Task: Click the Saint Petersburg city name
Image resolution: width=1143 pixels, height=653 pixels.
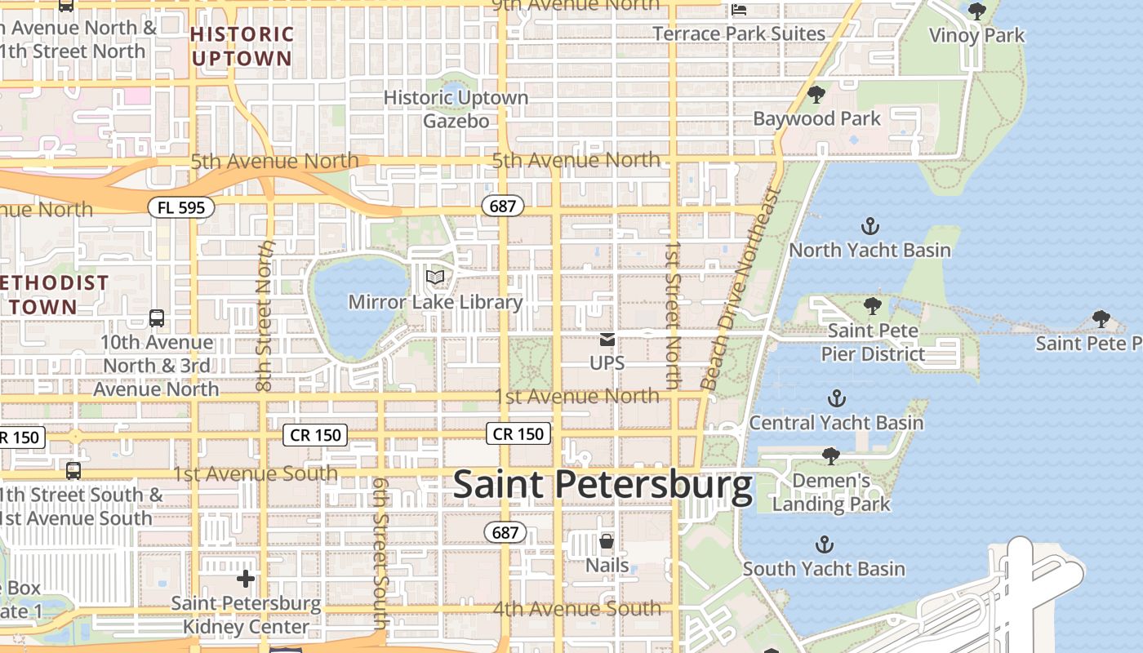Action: tap(603, 485)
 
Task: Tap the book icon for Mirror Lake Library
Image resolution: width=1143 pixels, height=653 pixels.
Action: tap(435, 278)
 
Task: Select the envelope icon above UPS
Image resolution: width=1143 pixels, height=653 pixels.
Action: tap(607, 340)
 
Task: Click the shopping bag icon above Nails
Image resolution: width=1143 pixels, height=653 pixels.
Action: tap(607, 541)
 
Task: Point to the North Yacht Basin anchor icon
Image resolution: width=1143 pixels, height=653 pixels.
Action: tap(870, 226)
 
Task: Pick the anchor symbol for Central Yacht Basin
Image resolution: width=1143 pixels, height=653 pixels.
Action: tap(836, 398)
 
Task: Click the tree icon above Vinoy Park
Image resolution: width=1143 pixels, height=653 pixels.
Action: tap(976, 11)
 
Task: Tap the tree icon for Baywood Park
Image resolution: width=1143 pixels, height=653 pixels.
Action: tap(816, 95)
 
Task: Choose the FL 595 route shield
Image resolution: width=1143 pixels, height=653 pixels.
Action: tap(181, 207)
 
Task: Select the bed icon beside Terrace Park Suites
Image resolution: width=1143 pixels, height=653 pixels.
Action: tap(739, 10)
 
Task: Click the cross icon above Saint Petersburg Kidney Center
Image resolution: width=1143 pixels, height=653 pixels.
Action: tap(246, 579)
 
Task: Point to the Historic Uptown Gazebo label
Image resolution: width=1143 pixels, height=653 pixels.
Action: tap(456, 109)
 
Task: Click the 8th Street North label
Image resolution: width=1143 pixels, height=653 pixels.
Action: tap(264, 315)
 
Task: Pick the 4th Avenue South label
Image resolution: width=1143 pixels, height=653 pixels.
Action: tap(577, 608)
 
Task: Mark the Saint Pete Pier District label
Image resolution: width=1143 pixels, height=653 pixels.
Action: tap(873, 343)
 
